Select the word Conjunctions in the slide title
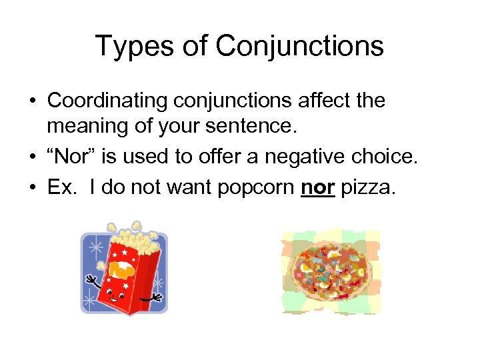(x=300, y=47)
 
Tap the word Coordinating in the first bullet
(x=107, y=101)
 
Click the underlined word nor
(x=317, y=187)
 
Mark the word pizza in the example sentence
(x=368, y=187)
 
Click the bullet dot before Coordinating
(x=32, y=101)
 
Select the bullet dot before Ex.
(x=32, y=188)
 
